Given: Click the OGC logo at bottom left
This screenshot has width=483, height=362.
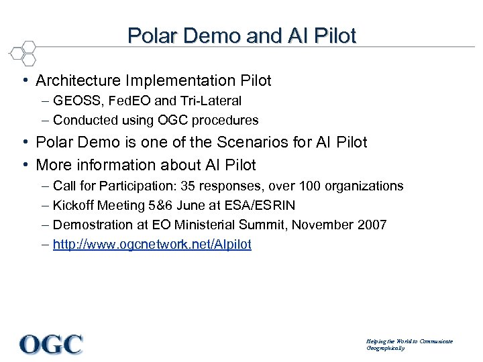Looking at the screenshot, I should coord(51,343).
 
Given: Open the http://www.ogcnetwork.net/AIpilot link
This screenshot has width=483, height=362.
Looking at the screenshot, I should coord(152,245).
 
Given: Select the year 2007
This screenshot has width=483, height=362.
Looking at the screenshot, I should coord(372,225).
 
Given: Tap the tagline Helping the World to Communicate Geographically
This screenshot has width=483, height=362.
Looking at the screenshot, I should coord(409,345).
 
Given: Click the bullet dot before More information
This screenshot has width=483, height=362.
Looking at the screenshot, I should coord(25,164).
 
